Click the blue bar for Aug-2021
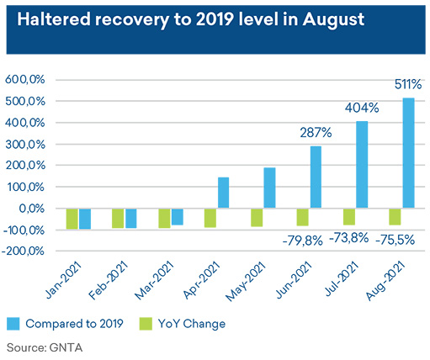[408, 153]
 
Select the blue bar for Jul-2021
[362, 165]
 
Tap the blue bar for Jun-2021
[316, 177]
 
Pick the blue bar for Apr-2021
[223, 193]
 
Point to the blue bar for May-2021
[269, 188]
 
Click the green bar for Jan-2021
[72, 219]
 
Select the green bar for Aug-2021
[395, 217]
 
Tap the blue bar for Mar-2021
[178, 217]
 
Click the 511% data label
[408, 84]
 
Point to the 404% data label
[362, 108]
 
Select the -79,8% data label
[303, 241]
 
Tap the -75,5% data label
[395, 240]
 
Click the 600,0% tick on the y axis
[25, 80]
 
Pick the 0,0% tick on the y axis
[32, 209]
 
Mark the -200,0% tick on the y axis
[23, 251]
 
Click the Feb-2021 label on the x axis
[109, 280]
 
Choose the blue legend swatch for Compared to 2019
[13, 324]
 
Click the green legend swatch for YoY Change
[146, 324]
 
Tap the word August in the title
[333, 19]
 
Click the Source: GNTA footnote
[45, 347]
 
